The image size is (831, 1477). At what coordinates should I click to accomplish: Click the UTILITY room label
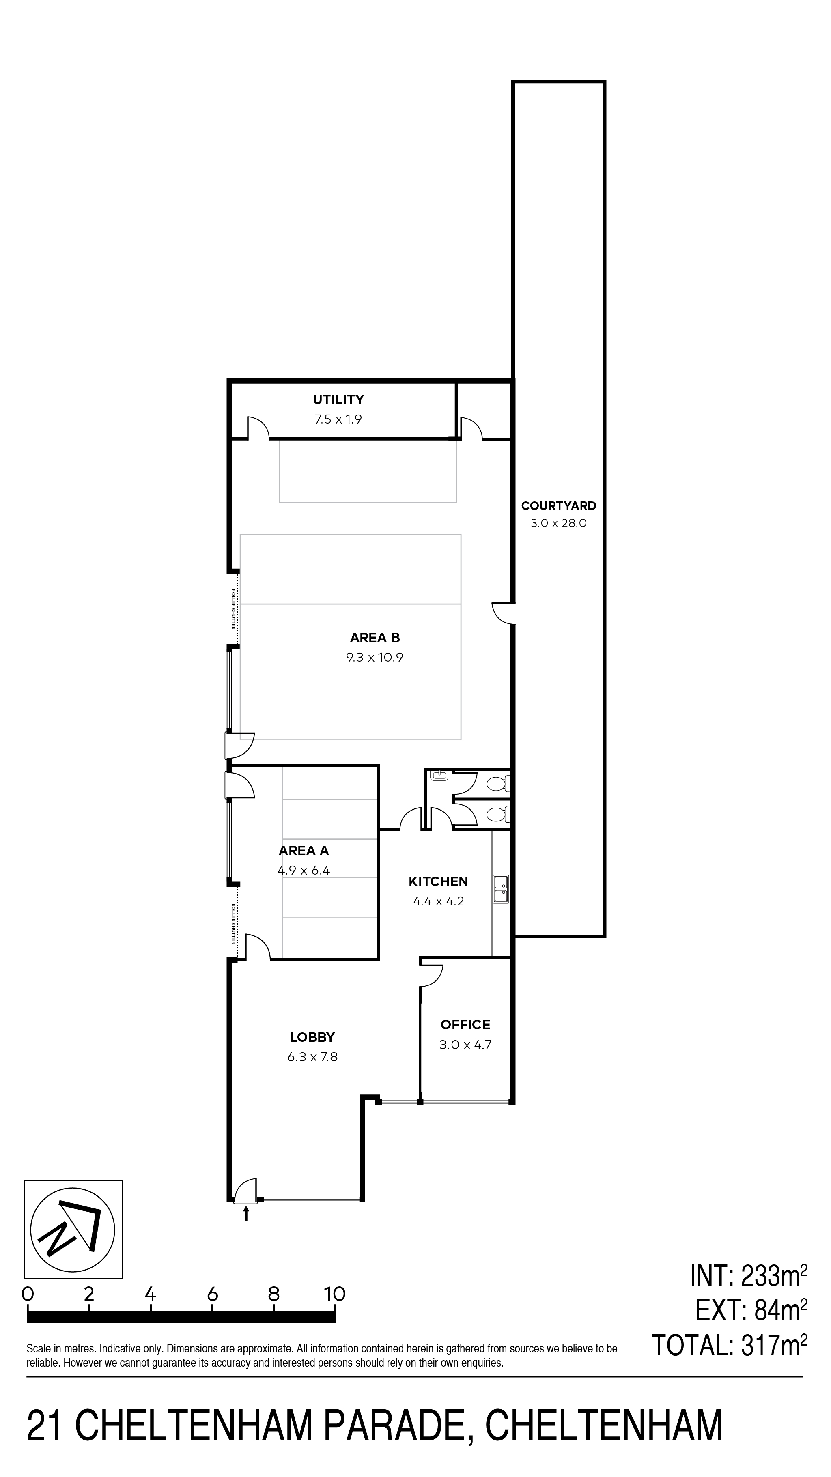(x=338, y=399)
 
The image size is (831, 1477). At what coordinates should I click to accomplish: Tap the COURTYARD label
(x=559, y=506)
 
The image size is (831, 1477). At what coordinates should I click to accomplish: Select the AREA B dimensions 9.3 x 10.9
(x=375, y=658)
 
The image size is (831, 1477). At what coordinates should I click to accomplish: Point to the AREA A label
(x=304, y=851)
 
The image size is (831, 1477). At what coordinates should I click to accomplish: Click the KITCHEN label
(x=438, y=881)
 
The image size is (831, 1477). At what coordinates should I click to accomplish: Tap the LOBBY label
(x=312, y=1037)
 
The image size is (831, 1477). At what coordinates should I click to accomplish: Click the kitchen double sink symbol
(x=501, y=890)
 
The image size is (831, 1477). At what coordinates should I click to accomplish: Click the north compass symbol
(x=73, y=1229)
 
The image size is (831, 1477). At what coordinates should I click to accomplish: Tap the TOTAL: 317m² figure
(x=730, y=1345)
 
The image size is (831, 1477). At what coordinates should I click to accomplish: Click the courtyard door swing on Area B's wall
(x=503, y=613)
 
